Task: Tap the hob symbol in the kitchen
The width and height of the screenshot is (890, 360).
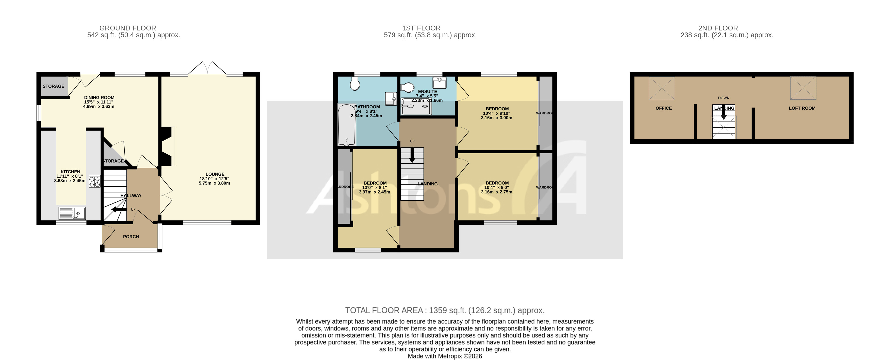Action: (x=95, y=181)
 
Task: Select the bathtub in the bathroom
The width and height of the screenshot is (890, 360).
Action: (x=346, y=125)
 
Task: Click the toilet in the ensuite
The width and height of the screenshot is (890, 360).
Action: (x=408, y=88)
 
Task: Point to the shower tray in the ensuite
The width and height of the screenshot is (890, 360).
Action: (x=416, y=106)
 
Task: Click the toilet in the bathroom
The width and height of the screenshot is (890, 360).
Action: (x=355, y=83)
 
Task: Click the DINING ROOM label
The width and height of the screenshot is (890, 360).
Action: (x=99, y=98)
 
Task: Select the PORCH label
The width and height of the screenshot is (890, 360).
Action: (x=131, y=237)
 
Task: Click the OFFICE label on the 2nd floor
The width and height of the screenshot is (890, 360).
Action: (x=664, y=108)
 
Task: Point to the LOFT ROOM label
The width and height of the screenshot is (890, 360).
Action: (x=802, y=108)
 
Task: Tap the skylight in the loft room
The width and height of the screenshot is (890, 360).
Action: (x=803, y=88)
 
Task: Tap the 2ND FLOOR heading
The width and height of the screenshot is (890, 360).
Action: (x=718, y=28)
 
